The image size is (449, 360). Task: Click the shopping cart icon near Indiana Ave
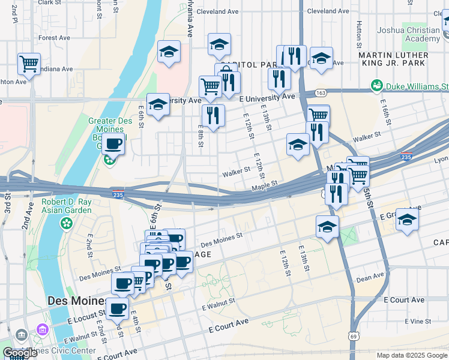point(29,64)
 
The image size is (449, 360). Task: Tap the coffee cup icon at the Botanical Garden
point(113,143)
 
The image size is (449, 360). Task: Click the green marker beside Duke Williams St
point(377,86)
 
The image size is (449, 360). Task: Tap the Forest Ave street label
point(55,37)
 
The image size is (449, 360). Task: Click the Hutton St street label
point(359,35)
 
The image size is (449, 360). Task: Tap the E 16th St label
point(384,107)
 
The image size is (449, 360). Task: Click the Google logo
point(20,353)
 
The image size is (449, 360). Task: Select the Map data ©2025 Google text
point(411,355)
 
